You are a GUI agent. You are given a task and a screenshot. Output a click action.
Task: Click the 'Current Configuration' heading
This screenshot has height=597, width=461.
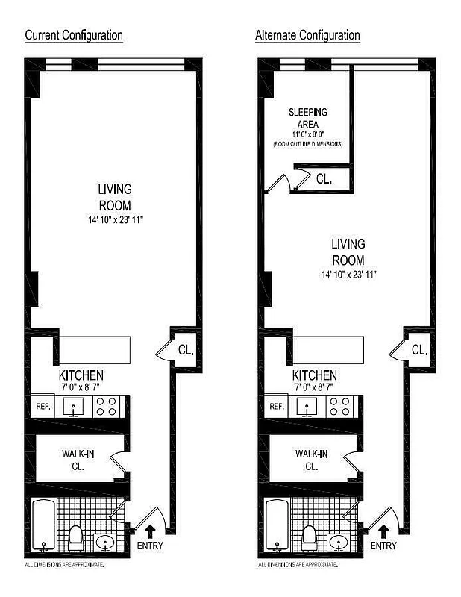click(x=74, y=35)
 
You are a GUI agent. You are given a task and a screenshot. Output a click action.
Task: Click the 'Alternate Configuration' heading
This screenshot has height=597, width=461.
click(x=307, y=35)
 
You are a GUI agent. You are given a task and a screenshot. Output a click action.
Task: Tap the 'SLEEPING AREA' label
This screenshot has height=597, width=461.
click(x=307, y=118)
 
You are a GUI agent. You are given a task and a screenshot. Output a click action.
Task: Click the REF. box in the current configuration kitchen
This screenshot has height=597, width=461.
click(x=42, y=407)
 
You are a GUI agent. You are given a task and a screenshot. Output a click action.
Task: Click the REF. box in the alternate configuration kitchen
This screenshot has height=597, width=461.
click(x=276, y=407)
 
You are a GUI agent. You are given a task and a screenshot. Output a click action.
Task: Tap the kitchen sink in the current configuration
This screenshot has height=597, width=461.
click(x=75, y=407)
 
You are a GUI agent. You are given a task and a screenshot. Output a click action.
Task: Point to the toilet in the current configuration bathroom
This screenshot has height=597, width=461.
click(x=75, y=535)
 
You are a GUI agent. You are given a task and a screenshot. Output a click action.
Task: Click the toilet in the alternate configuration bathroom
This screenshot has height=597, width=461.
click(x=309, y=535)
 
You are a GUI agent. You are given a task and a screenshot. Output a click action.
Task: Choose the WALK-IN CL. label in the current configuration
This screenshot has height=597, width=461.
click(x=78, y=459)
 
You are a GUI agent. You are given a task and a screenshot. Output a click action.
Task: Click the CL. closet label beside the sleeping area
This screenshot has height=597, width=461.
click(x=324, y=179)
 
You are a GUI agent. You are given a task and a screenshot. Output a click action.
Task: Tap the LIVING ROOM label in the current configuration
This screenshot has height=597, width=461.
click(x=115, y=197)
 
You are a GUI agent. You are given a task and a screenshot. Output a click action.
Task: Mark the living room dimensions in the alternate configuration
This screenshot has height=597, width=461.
click(x=348, y=275)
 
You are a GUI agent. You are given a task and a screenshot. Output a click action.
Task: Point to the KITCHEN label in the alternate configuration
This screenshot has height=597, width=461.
click(x=314, y=375)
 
